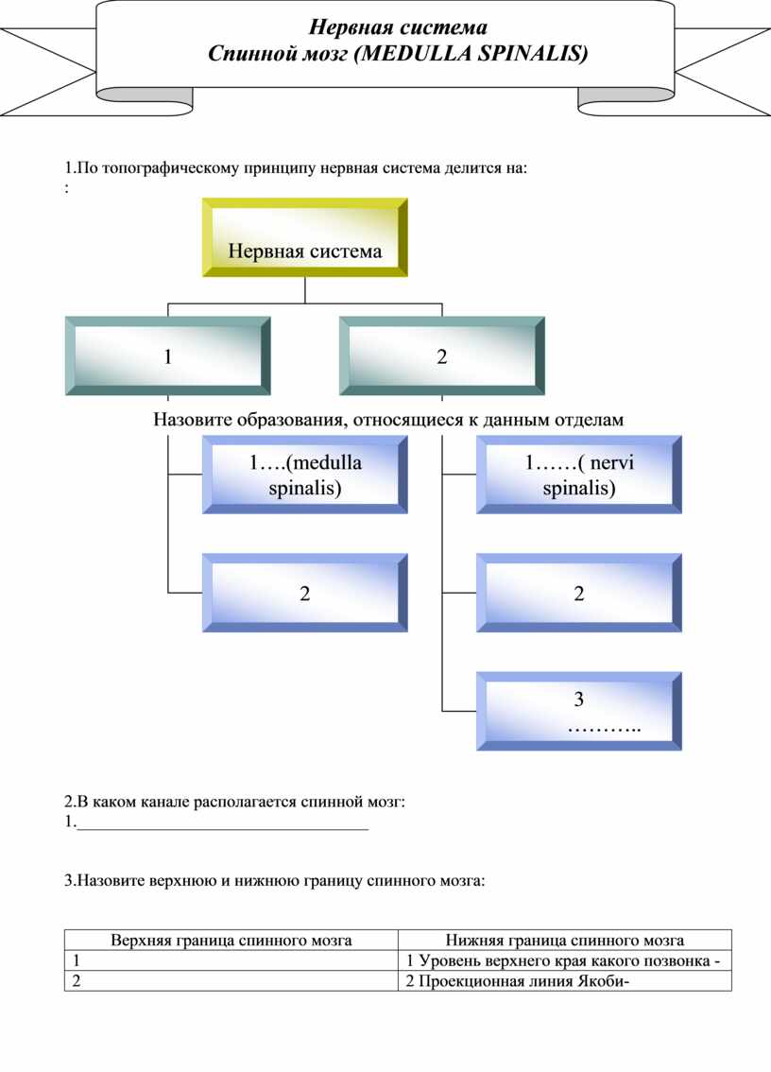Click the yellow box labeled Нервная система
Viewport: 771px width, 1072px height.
point(305,237)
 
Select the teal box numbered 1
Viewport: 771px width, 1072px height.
point(167,355)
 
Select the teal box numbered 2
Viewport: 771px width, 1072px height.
point(441,355)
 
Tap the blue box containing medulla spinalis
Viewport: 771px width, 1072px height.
point(305,475)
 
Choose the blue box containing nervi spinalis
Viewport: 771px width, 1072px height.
point(579,475)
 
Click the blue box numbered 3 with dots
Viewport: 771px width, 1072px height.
point(579,711)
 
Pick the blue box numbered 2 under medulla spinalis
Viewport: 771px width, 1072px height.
point(305,593)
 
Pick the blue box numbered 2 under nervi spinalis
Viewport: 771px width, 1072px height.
point(579,593)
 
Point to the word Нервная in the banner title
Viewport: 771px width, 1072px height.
point(351,27)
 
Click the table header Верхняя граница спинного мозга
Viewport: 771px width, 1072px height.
point(231,940)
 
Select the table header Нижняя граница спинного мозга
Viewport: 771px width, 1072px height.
point(565,940)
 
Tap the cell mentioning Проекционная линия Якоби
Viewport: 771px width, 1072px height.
point(565,981)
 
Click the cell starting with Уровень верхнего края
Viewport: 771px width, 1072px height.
point(565,960)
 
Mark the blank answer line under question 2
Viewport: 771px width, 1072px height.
point(223,829)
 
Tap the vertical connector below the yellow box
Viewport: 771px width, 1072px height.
point(305,290)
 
